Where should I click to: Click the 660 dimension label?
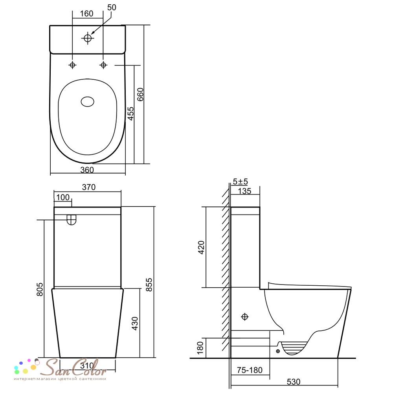140,94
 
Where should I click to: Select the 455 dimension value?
130,114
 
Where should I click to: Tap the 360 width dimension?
87,170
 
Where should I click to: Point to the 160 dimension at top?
86,13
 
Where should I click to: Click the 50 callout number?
112,7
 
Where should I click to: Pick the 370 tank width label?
89,187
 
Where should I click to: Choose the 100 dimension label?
62,198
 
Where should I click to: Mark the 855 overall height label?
149,285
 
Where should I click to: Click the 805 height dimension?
40,289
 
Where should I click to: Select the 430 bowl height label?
135,323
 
